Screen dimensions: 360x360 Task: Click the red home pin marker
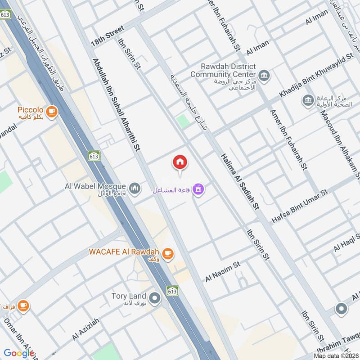pyautogui.click(x=180, y=162)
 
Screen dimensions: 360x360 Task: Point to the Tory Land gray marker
pyautogui.click(x=155, y=298)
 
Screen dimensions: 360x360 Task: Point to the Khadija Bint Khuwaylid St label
pyautogui.click(x=317, y=75)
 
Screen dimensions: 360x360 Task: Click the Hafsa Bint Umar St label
pyautogui.click(x=300, y=207)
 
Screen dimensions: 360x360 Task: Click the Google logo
pyautogui.click(x=18, y=353)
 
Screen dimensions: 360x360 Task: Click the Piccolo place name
pyautogui.click(x=30, y=110)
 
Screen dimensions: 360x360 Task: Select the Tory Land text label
pyautogui.click(x=129, y=296)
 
